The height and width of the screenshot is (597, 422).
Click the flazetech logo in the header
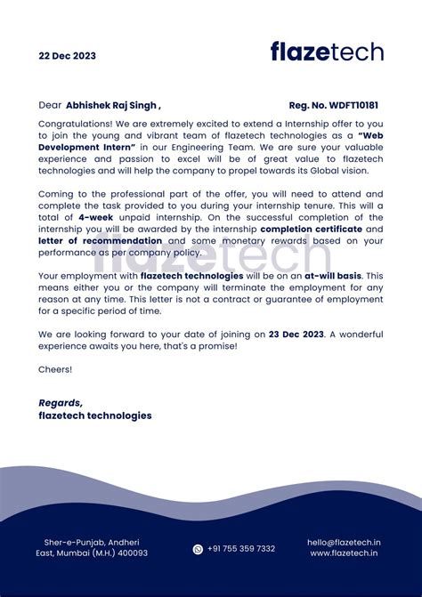(x=327, y=52)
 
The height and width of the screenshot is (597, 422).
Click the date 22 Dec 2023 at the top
(x=67, y=55)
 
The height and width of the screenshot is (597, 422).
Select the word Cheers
(x=55, y=368)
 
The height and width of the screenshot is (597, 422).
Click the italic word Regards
(x=61, y=402)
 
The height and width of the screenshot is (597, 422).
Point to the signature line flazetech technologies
(x=95, y=415)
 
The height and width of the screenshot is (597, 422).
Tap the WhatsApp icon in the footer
(x=198, y=549)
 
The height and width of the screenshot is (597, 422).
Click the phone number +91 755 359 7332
(x=241, y=549)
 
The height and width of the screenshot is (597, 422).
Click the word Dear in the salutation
(x=51, y=104)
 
